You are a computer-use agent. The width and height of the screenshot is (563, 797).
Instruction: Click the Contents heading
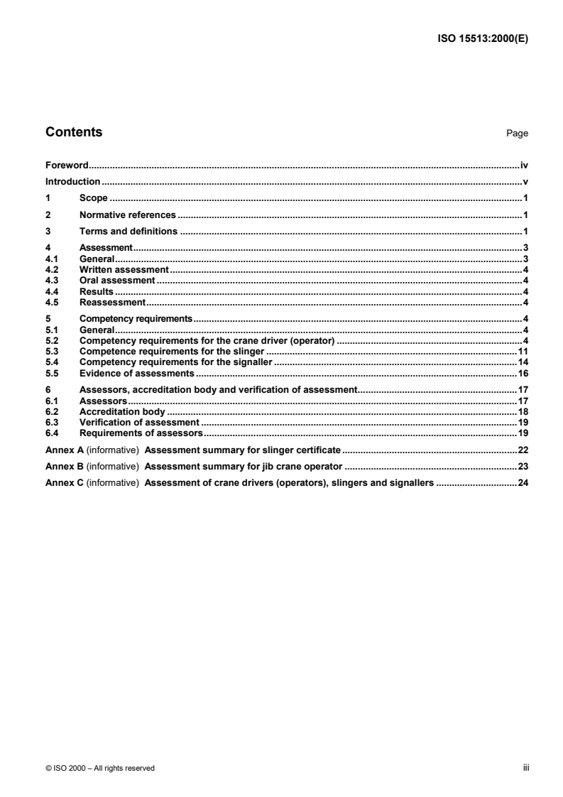(74, 132)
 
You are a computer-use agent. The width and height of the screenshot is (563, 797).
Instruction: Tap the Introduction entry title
(72, 181)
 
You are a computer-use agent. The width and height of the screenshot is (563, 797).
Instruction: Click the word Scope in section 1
(93, 197)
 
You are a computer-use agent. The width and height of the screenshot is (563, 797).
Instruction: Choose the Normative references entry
(127, 215)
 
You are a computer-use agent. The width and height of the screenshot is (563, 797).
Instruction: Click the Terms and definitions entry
(129, 231)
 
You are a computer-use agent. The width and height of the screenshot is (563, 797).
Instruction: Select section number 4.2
(52, 270)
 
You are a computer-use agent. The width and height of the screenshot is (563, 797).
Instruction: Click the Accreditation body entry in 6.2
(121, 411)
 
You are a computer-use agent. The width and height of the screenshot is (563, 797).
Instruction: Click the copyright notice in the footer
(100, 768)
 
